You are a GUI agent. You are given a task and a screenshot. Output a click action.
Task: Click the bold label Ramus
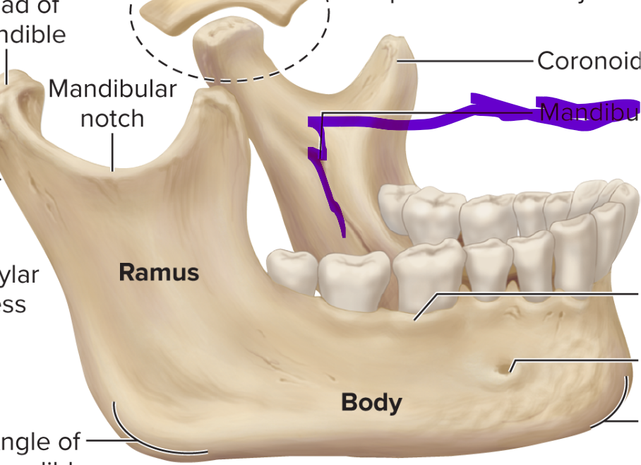tap(159, 272)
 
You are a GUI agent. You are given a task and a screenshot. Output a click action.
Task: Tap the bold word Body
tap(371, 403)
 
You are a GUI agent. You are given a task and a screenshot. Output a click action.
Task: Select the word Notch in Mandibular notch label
tap(112, 118)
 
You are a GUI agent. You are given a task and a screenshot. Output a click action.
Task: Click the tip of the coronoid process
tap(390, 44)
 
